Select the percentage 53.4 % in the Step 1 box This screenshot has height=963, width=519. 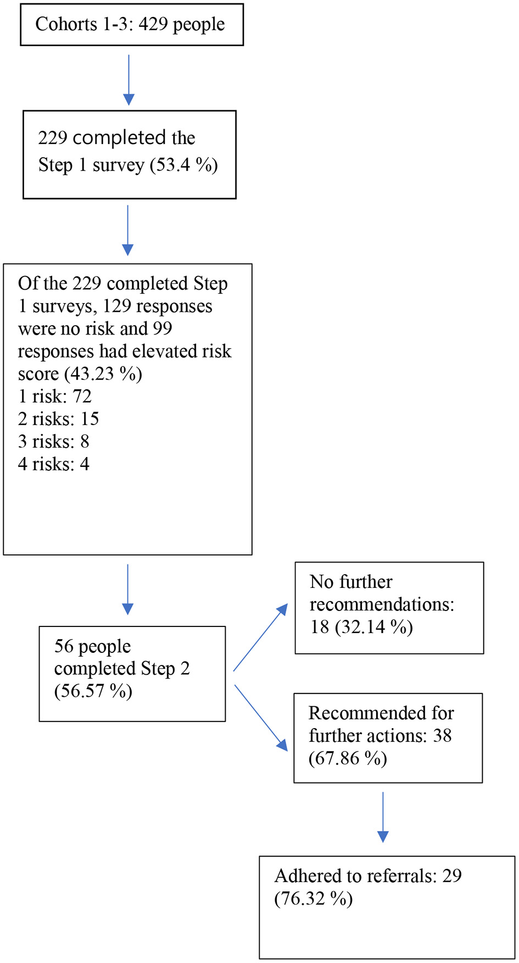pyautogui.click(x=184, y=165)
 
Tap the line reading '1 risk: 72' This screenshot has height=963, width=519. pyautogui.click(x=54, y=396)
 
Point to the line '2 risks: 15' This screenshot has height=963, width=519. pyautogui.click(x=58, y=419)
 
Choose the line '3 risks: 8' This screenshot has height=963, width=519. pyautogui.click(x=53, y=441)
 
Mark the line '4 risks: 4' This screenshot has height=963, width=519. pyautogui.click(x=53, y=464)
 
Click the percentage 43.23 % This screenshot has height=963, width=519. pyautogui.click(x=103, y=374)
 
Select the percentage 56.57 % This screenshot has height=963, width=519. pyautogui.click(x=93, y=691)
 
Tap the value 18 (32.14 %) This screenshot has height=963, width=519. pyautogui.click(x=361, y=627)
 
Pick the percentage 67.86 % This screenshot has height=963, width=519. pyautogui.click(x=348, y=758)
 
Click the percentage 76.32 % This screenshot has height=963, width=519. pyautogui.click(x=314, y=899)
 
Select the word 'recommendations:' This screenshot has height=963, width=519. pyautogui.click(x=382, y=604)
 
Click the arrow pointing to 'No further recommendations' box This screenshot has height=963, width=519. pyautogui.click(x=260, y=637)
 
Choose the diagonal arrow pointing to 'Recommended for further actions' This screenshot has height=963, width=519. pyautogui.click(x=261, y=718)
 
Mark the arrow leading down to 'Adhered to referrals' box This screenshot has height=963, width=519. pyautogui.click(x=383, y=817)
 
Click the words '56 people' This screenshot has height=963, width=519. pyautogui.click(x=92, y=646)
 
